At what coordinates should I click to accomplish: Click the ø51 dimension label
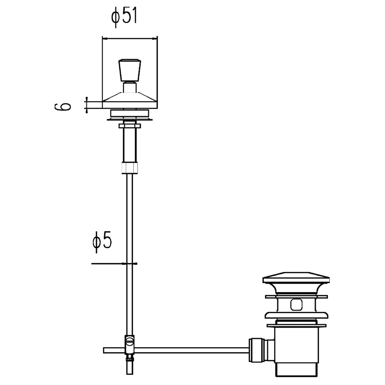pyautogui.click(x=124, y=17)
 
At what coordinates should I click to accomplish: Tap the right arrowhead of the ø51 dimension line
pyautogui.click(x=155, y=39)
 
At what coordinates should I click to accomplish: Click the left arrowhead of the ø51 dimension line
pyautogui.click(x=104, y=39)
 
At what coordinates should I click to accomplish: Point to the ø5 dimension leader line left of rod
pyautogui.click(x=108, y=263)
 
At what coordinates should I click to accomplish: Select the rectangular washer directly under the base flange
pyautogui.click(x=129, y=113)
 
